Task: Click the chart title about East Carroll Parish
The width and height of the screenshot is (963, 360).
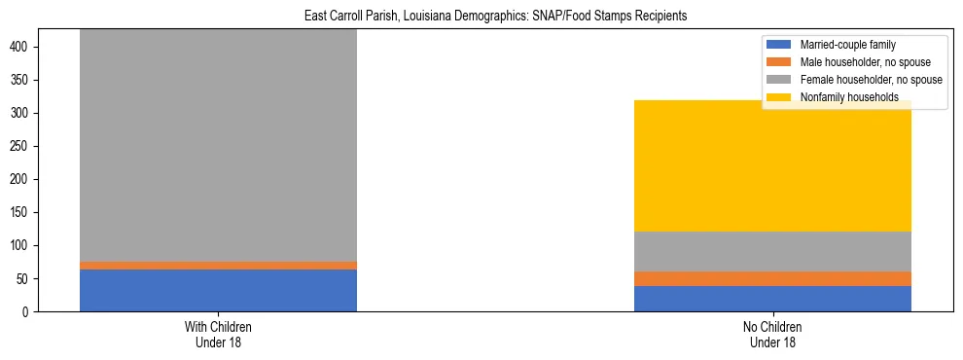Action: click(x=481, y=16)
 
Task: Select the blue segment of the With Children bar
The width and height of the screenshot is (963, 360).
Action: click(x=218, y=290)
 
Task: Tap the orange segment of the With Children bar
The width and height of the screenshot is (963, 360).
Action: click(x=218, y=265)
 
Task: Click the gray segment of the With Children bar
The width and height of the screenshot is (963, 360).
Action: click(x=218, y=146)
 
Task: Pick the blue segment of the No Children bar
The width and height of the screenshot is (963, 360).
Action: click(x=772, y=299)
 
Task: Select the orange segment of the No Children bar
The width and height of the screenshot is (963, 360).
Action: click(x=772, y=278)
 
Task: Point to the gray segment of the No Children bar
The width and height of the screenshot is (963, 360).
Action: click(x=772, y=251)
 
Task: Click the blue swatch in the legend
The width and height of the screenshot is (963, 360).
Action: click(x=779, y=45)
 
